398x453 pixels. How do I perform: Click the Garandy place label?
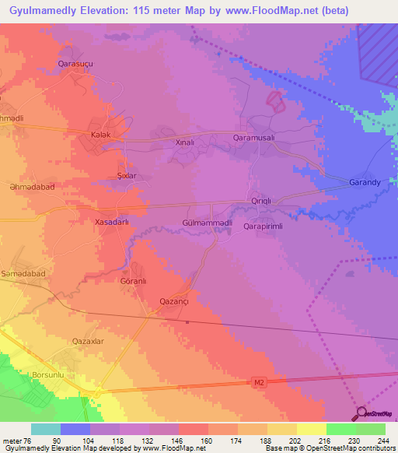point(363,183)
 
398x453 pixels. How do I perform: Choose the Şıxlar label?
point(126,176)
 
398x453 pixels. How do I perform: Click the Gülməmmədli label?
point(208,223)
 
